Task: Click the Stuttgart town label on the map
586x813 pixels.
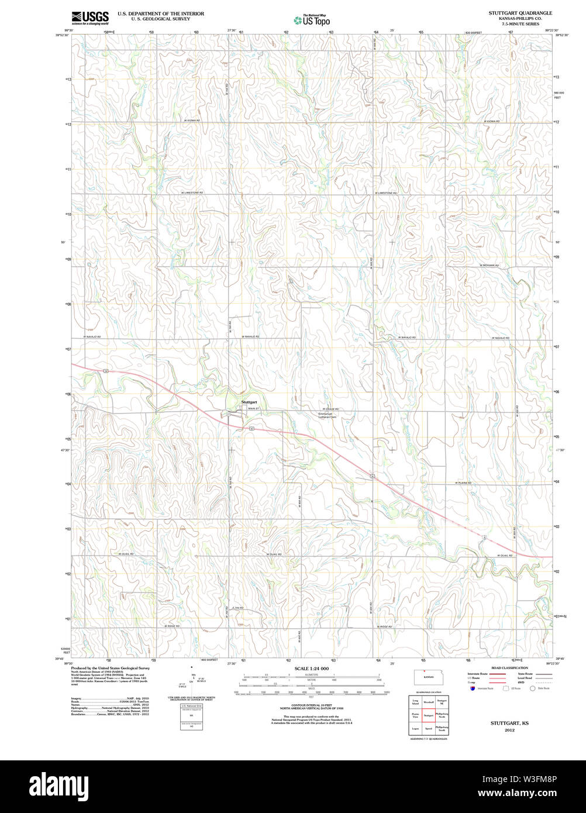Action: coord(249,402)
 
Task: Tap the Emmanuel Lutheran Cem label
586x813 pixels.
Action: coord(327,415)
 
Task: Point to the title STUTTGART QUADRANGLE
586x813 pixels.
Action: coord(520,13)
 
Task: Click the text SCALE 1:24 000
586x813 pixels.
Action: coord(312,669)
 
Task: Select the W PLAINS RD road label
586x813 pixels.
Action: coord(463,483)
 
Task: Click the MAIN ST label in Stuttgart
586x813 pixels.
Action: coord(253,408)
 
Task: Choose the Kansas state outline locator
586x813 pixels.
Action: coord(428,677)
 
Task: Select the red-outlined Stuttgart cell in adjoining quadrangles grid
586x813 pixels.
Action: coord(429,715)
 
